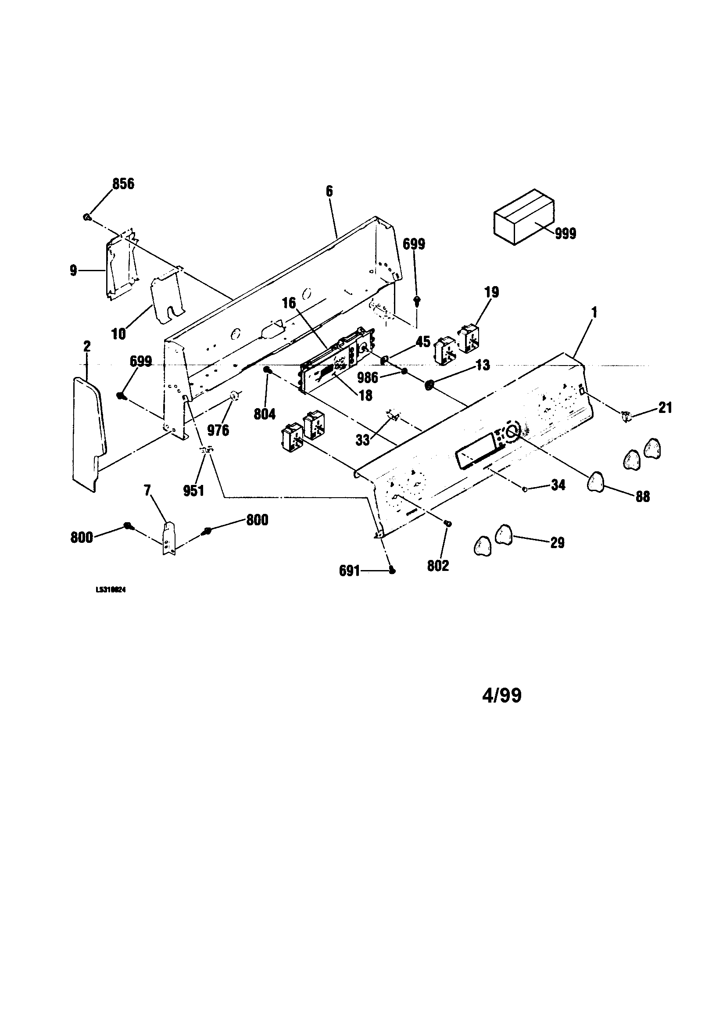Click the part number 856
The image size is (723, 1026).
click(123, 184)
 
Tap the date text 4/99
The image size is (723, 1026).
click(502, 696)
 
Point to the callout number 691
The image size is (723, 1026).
click(349, 571)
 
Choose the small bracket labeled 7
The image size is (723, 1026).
click(169, 538)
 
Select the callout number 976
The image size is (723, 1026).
click(218, 430)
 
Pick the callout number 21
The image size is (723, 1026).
click(665, 408)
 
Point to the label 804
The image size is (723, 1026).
click(265, 414)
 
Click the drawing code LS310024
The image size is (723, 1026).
click(111, 589)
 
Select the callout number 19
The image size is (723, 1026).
click(491, 293)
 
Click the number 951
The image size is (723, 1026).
click(193, 491)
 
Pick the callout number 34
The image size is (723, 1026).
click(558, 485)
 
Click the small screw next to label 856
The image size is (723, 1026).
click(87, 217)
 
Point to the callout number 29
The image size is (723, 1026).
click(557, 542)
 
